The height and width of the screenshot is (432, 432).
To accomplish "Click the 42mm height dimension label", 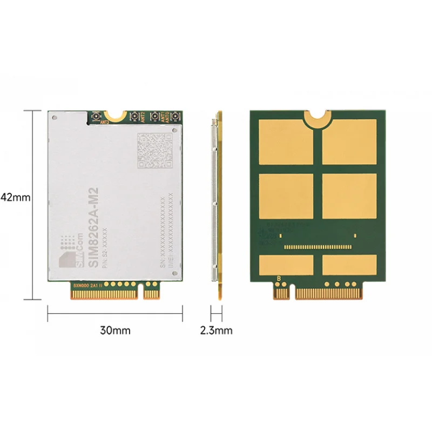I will click(15, 197).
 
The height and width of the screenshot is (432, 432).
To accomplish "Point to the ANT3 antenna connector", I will click(95, 117).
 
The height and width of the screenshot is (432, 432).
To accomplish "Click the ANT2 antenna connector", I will click(133, 116).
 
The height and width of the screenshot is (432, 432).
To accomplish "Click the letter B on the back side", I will click(279, 279).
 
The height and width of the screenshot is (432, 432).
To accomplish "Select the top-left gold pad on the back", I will click(286, 142).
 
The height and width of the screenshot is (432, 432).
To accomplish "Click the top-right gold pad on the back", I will click(349, 142).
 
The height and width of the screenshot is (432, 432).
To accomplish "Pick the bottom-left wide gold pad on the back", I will click(286, 264).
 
